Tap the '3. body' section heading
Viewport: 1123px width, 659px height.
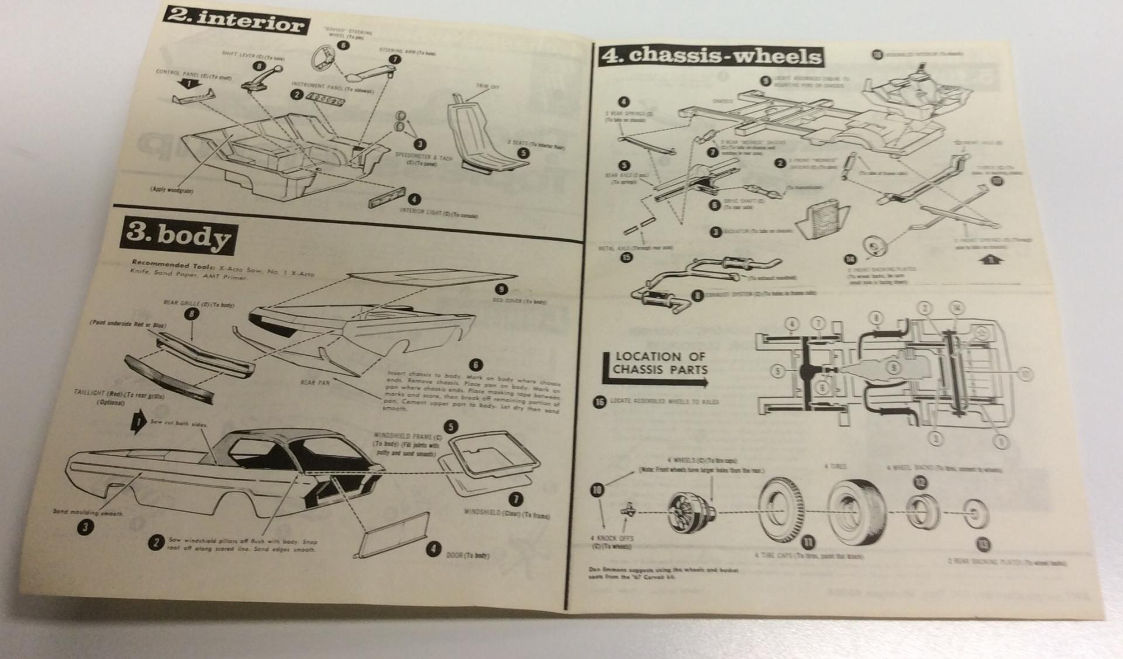(x=178, y=235)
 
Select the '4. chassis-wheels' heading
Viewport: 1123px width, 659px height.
(x=711, y=56)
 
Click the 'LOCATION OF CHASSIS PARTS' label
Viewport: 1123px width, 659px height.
(x=659, y=363)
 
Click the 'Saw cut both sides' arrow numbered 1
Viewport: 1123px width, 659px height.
(x=138, y=423)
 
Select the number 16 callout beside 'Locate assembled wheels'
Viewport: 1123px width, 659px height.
(x=599, y=402)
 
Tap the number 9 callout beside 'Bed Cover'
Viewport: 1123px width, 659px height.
(x=501, y=289)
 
